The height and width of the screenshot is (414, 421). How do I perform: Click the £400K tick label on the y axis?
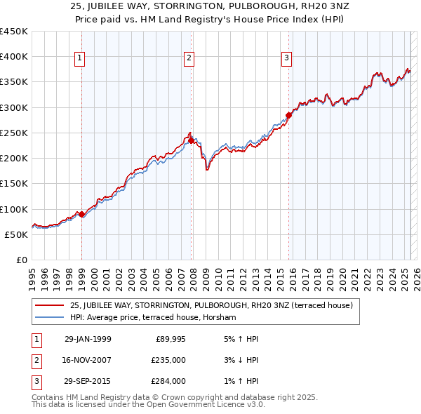pos(14,57)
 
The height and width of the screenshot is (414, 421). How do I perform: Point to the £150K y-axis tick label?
pos(14,184)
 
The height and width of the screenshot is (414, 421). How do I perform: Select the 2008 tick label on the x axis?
pos(193,274)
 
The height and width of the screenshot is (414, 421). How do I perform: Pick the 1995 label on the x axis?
pos(32,274)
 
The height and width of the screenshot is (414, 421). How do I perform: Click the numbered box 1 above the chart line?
pos(81,59)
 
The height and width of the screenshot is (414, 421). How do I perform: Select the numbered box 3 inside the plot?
pos(287,59)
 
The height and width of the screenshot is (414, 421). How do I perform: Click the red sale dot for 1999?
pos(82,214)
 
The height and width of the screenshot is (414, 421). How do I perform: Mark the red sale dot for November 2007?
pos(192,140)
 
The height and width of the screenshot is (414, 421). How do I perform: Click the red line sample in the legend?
pos(50,305)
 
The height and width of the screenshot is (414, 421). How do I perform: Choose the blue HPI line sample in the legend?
pos(50,317)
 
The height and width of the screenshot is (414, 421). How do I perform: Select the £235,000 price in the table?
pos(168,360)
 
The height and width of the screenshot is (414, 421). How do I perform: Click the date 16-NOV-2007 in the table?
pos(88,360)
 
